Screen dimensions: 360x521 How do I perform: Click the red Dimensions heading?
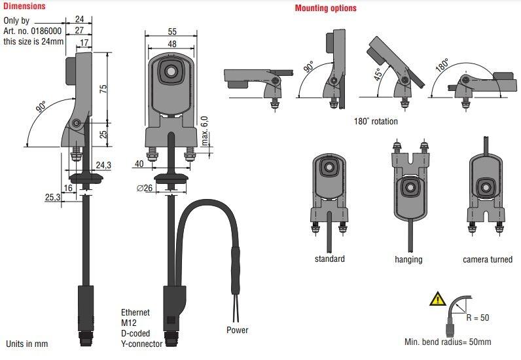click(x=24, y=7)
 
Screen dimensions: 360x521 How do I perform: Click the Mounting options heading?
click(x=326, y=9)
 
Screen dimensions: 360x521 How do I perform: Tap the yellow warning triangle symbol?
click(x=436, y=300)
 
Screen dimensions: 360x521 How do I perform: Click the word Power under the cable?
click(x=238, y=331)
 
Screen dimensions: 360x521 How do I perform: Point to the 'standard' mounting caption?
click(x=329, y=259)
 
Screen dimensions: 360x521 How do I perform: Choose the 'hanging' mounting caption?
click(x=408, y=260)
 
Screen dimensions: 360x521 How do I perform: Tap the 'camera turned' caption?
click(x=488, y=260)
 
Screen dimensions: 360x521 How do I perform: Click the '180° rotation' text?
click(x=376, y=121)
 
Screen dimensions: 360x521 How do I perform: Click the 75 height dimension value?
click(x=103, y=90)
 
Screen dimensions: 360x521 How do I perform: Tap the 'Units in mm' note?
click(x=27, y=344)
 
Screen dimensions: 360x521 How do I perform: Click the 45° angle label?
click(x=378, y=74)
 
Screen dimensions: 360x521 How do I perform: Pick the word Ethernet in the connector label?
click(x=136, y=312)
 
